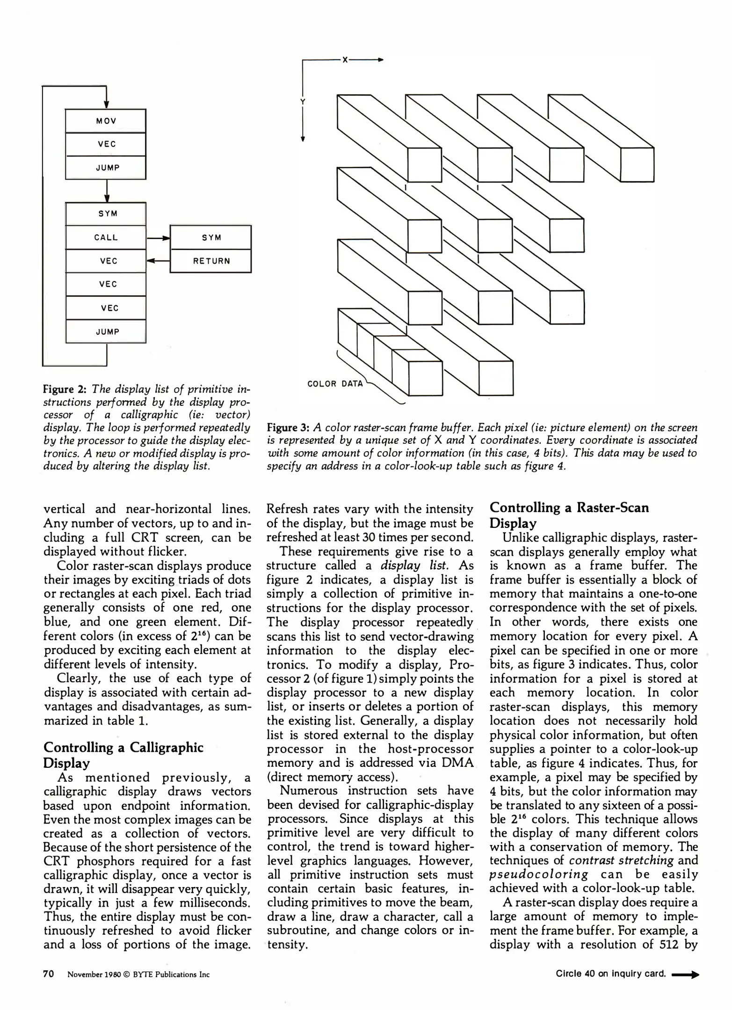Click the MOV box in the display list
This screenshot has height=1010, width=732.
tap(106, 121)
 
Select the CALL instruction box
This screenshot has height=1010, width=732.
tap(106, 238)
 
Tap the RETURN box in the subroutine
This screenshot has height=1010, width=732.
tap(210, 261)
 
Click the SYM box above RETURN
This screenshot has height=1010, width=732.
tap(210, 238)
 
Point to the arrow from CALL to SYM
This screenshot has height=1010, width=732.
tap(158, 238)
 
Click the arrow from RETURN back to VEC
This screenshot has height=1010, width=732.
tap(158, 261)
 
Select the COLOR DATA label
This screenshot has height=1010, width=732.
tap(335, 384)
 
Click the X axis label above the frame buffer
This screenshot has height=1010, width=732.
tap(345, 60)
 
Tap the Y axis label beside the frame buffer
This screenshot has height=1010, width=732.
tap(303, 102)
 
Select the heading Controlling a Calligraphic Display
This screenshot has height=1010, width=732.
tap(123, 755)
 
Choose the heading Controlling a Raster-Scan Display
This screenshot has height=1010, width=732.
tap(569, 515)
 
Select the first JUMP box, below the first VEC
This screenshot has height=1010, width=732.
tap(107, 168)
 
